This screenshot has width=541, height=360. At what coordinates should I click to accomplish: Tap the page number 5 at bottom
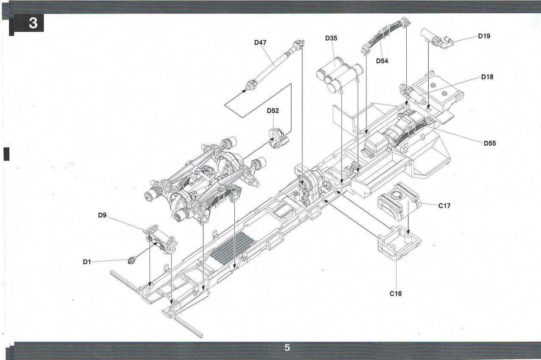287,348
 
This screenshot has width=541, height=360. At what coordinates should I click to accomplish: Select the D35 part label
331,39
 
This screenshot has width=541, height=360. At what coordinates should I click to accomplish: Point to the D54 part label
382,61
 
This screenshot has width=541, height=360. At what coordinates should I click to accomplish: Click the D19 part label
484,36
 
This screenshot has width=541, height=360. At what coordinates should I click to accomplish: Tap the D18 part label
487,77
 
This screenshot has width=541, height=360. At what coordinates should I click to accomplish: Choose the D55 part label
490,144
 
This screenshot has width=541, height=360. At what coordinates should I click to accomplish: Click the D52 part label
273,111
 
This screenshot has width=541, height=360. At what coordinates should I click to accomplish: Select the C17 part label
444,206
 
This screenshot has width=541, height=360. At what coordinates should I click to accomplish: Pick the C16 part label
396,293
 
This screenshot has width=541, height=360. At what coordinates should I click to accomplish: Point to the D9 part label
102,215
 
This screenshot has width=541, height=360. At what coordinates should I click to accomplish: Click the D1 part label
87,262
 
